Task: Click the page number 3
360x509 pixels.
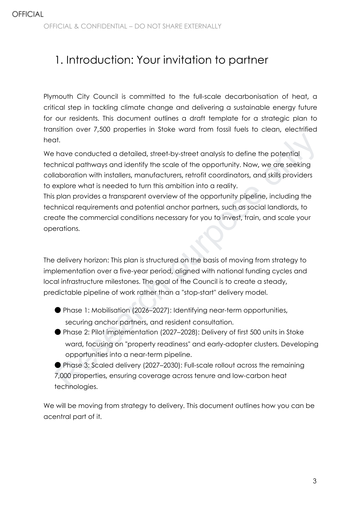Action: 315,481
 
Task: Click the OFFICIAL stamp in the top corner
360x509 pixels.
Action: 27,14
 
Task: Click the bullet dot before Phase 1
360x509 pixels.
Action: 58,310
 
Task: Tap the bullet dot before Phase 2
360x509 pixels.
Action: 58,332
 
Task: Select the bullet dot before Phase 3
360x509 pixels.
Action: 58,365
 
